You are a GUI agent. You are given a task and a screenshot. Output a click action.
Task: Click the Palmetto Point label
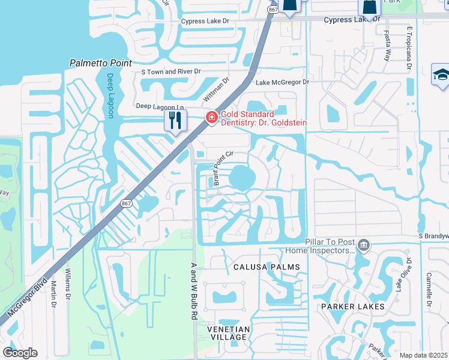coord(101,62)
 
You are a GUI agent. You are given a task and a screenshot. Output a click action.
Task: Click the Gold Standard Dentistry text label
coord(264,118)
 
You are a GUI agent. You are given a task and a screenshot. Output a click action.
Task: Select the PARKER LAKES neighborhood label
coord(352,307)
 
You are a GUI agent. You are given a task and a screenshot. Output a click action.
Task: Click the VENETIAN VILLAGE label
coord(228,333)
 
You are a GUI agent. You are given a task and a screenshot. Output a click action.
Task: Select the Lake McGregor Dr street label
coord(282,82)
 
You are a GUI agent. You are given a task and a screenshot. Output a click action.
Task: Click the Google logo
coord(20,353)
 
